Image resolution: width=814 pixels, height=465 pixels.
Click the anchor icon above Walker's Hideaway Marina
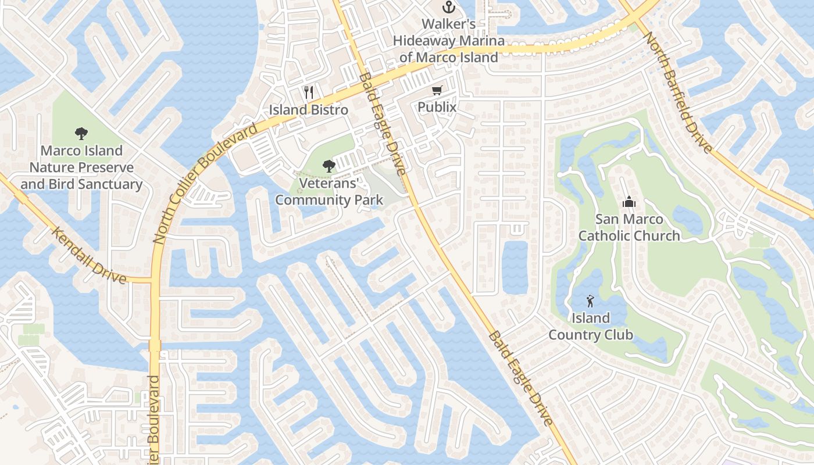pos(448,8)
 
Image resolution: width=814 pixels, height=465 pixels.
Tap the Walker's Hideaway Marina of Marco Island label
pos(448,41)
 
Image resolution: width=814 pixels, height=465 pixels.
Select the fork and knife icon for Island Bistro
pos(309,92)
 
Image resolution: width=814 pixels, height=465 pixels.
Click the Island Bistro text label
pos(309,110)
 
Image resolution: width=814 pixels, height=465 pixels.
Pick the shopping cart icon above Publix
pos(437,90)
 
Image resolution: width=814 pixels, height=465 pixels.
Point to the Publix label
pos(437,108)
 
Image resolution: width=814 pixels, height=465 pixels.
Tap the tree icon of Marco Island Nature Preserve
pos(81,134)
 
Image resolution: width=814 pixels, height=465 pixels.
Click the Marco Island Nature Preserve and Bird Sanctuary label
pos(81,167)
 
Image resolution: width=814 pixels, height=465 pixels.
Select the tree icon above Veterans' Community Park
pos(329,166)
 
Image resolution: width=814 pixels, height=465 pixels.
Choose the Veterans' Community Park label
pos(329,192)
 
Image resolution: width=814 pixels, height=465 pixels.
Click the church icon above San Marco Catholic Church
pos(629,202)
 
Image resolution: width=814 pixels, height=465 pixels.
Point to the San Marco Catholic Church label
pos(629,227)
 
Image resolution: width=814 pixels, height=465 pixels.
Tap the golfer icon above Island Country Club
pos(591,301)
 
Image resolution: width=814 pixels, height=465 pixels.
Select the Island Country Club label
pos(591,326)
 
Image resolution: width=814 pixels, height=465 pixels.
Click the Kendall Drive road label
pos(89,255)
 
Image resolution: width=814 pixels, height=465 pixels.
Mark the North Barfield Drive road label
pos(678,92)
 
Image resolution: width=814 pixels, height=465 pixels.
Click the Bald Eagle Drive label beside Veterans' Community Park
pos(382,124)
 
